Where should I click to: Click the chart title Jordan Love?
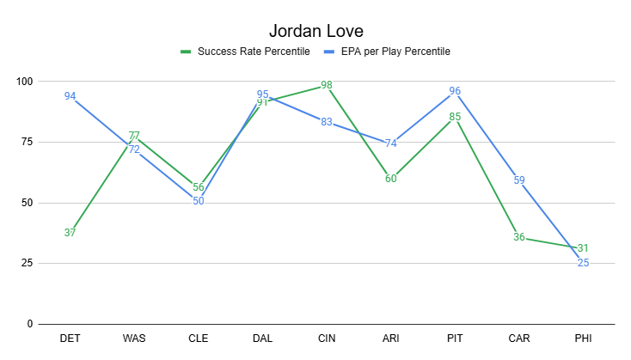tap(315, 31)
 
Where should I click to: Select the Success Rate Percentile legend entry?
tap(254, 52)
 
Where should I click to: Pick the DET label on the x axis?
tap(70, 339)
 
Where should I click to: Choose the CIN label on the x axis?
tap(327, 339)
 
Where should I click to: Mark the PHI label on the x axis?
tap(583, 339)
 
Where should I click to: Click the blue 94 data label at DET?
tap(70, 96)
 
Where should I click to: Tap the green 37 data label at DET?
tap(70, 232)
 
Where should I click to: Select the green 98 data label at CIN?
tap(327, 85)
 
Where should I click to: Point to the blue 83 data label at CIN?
tap(327, 122)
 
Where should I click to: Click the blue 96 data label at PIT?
tap(455, 91)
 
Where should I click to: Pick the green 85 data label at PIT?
tap(455, 117)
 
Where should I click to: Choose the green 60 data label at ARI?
tap(391, 179)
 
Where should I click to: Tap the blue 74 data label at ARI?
tap(391, 143)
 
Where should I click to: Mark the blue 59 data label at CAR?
tap(519, 180)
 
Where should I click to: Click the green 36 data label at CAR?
tap(519, 237)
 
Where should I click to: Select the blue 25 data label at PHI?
tap(583, 263)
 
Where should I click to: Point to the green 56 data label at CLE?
tap(199, 187)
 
